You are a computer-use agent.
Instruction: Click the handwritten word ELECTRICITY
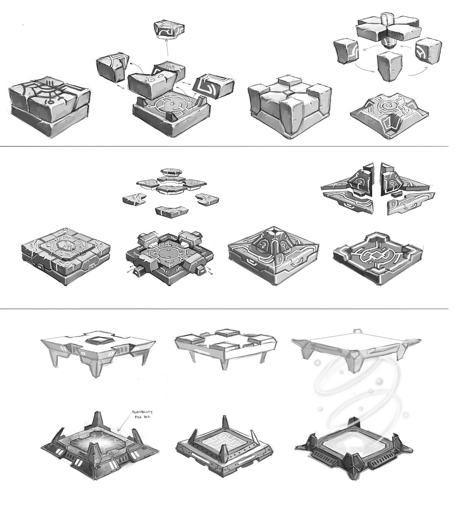coord(142,412)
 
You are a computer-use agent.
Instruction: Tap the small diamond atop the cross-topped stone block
coord(289,92)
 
